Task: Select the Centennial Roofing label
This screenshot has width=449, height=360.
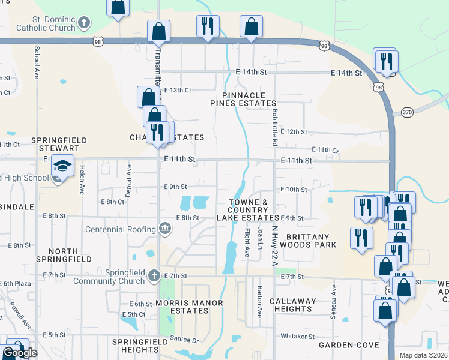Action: point(121,229)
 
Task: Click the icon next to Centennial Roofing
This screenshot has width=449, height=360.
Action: point(164,228)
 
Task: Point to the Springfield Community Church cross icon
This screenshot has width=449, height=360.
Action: point(153,275)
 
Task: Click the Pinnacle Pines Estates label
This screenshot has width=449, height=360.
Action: point(240,99)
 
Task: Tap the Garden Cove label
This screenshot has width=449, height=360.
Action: point(349,345)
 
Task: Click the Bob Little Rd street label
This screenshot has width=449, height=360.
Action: point(274,127)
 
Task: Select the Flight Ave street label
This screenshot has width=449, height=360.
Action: point(247,243)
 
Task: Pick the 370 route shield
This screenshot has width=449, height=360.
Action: point(407,112)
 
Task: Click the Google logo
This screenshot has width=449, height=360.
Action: point(20,353)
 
